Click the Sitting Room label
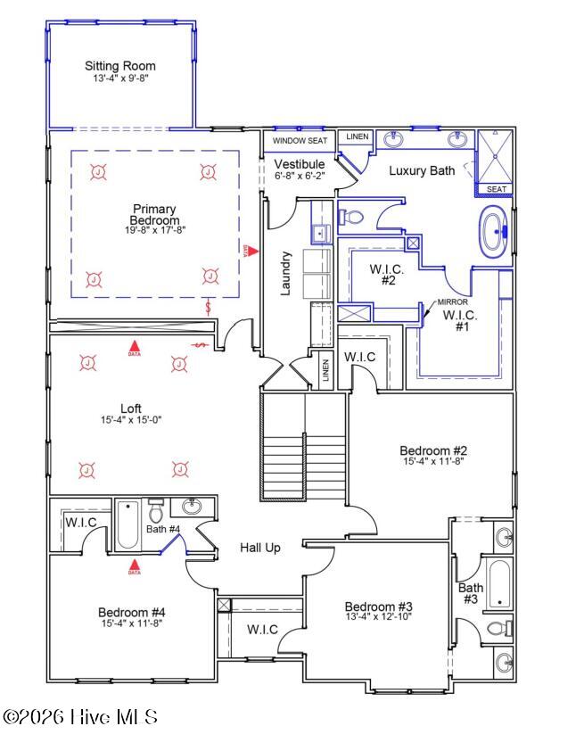pyautogui.click(x=119, y=66)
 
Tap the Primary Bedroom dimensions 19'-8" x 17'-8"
pyautogui.click(x=155, y=230)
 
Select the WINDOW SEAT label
pyautogui.click(x=300, y=141)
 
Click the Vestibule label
pyautogui.click(x=300, y=164)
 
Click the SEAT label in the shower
pyautogui.click(x=496, y=189)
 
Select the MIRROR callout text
pyautogui.click(x=453, y=302)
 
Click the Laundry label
pyautogui.click(x=286, y=273)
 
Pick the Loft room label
pyautogui.click(x=131, y=409)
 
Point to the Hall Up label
pyautogui.click(x=259, y=548)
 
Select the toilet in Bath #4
pyautogui.click(x=156, y=512)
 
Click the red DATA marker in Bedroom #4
pyautogui.click(x=135, y=565)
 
